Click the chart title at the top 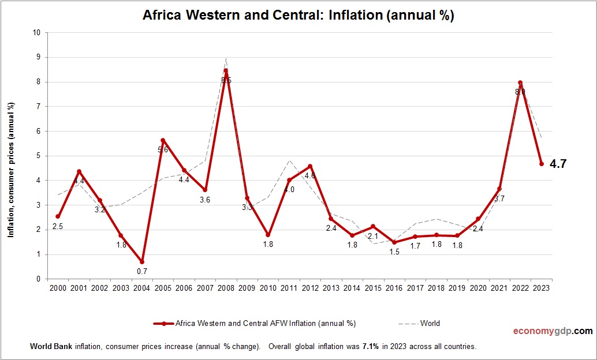coord(298,16)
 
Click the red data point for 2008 coord(226,71)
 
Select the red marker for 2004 coord(141,262)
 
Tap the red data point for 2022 coord(520,82)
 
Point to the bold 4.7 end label coord(558,164)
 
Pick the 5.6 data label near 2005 coord(163,150)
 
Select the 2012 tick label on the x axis coord(310,288)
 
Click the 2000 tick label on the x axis coord(58,288)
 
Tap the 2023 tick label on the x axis coord(542,288)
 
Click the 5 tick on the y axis coord(38,156)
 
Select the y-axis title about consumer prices coord(10,170)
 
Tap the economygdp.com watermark coord(553,331)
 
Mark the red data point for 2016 coord(394,242)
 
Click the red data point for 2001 coord(79,171)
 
